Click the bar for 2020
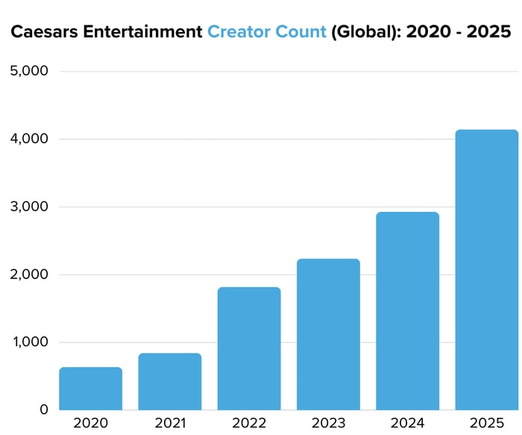pos(90,388)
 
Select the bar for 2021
pos(169,381)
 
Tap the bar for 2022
pos(249,348)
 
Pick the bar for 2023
pos(328,334)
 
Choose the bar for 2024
pos(407,310)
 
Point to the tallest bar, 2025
pos(486,269)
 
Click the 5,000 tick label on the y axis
pos(28,71)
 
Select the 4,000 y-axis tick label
pos(28,139)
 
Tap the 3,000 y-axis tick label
pos(28,207)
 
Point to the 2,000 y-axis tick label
pos(28,275)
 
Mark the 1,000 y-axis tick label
pos(28,342)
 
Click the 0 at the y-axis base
pos(43,410)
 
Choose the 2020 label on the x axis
pos(90,423)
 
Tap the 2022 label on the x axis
pos(249,423)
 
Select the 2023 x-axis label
pos(328,423)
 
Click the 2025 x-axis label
pos(486,423)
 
